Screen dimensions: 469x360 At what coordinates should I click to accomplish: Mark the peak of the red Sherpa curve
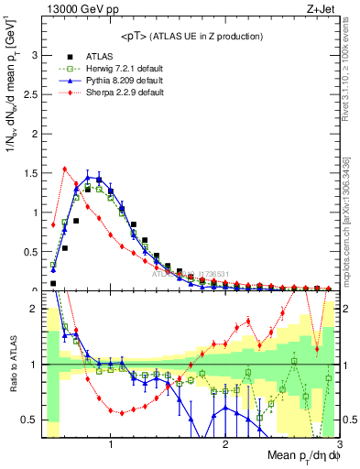[65, 169]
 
